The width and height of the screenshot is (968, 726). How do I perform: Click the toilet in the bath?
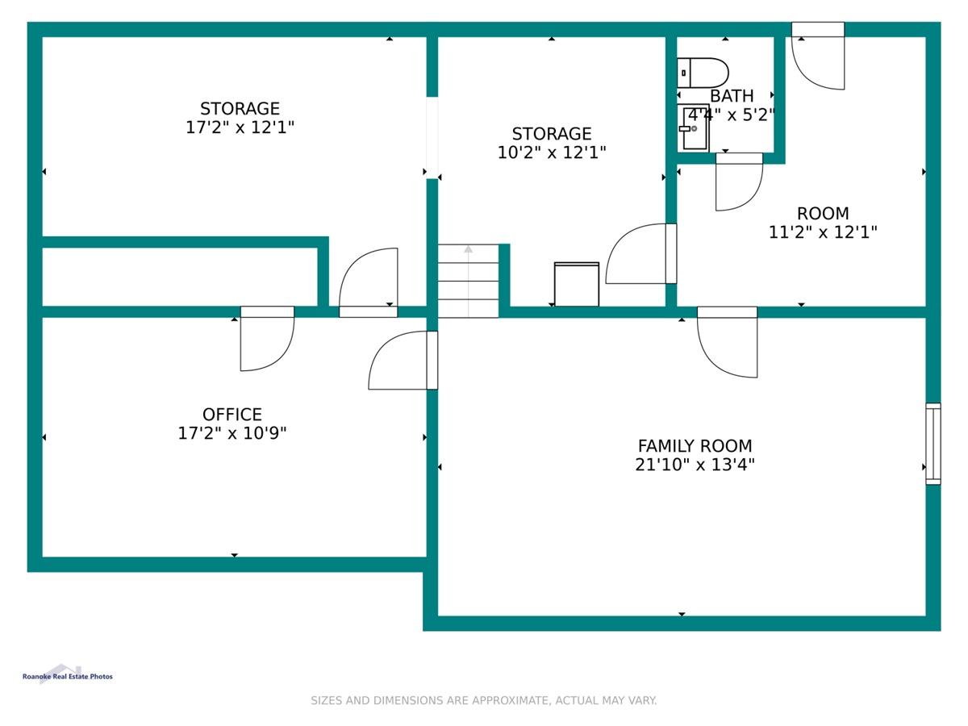702,73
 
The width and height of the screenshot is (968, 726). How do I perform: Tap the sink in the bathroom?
693,128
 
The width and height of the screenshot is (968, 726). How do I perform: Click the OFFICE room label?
232,415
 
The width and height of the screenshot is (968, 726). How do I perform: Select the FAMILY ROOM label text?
695,446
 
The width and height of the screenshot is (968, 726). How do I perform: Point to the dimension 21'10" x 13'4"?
695,465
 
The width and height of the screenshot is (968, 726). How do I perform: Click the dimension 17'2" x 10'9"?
232,433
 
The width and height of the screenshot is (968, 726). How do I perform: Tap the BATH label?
732,96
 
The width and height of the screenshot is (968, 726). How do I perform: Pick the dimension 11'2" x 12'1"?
823,232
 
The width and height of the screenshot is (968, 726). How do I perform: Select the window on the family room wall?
933,444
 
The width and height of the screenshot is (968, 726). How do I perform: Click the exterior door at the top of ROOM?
818,56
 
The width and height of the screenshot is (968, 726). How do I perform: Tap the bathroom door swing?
739,181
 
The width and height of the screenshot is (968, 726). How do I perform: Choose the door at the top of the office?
267,339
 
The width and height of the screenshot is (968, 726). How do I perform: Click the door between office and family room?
403,360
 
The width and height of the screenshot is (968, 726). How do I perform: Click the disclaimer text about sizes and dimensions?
484,700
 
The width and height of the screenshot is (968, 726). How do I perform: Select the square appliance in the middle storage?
577,284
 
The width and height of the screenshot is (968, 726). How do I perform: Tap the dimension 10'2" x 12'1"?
552,152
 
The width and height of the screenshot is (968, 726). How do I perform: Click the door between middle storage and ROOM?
641,253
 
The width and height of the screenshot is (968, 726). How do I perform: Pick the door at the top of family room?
728,342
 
